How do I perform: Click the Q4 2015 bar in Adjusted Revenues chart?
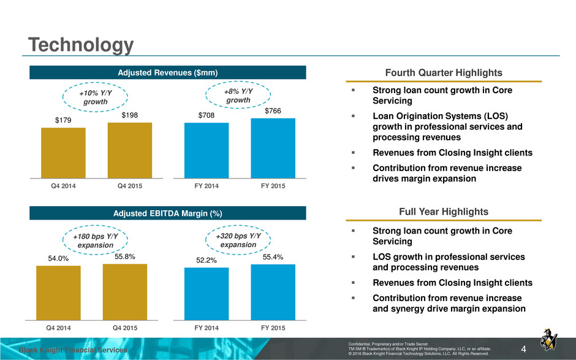pos(130,150)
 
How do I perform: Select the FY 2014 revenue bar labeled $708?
pos(207,150)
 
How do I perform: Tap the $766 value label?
pos(273,110)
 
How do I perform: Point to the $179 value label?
pos(63,120)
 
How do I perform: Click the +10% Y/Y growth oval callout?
pos(95,97)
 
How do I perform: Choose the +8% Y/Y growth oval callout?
pos(238,95)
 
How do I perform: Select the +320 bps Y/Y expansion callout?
pos(238,240)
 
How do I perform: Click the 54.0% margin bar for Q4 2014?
pos(58,293)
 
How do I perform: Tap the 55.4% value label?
pos(273,257)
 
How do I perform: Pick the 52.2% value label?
pos(207,261)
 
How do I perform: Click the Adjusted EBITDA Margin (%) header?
pos(167,213)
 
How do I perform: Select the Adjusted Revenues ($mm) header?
pos(167,72)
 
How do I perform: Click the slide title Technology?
pos(81,45)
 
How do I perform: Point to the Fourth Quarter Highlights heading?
pos(444,73)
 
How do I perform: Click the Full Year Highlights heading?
pos(444,212)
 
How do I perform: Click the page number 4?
pos(523,349)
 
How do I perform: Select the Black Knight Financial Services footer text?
pos(73,350)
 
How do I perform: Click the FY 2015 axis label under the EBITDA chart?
pos(273,328)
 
